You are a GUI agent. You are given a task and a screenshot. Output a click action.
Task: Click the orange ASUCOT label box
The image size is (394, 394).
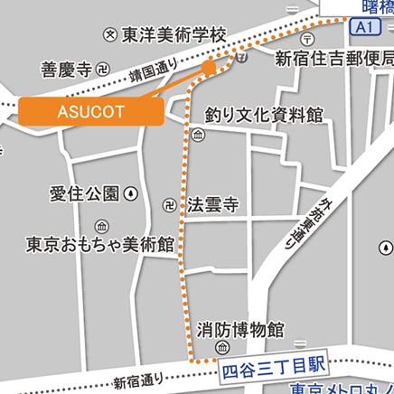[x=90, y=111]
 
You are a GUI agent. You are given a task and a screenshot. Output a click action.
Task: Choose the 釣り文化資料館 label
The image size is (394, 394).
[x=263, y=115]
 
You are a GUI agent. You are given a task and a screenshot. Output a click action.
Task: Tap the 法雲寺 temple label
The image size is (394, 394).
[x=212, y=204]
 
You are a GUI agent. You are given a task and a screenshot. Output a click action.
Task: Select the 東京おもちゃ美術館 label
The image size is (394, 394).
[x=100, y=244]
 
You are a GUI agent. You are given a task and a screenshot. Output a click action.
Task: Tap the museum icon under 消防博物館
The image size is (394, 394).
[x=223, y=348]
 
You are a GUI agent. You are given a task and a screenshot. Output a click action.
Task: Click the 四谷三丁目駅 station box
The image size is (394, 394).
[x=272, y=367]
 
